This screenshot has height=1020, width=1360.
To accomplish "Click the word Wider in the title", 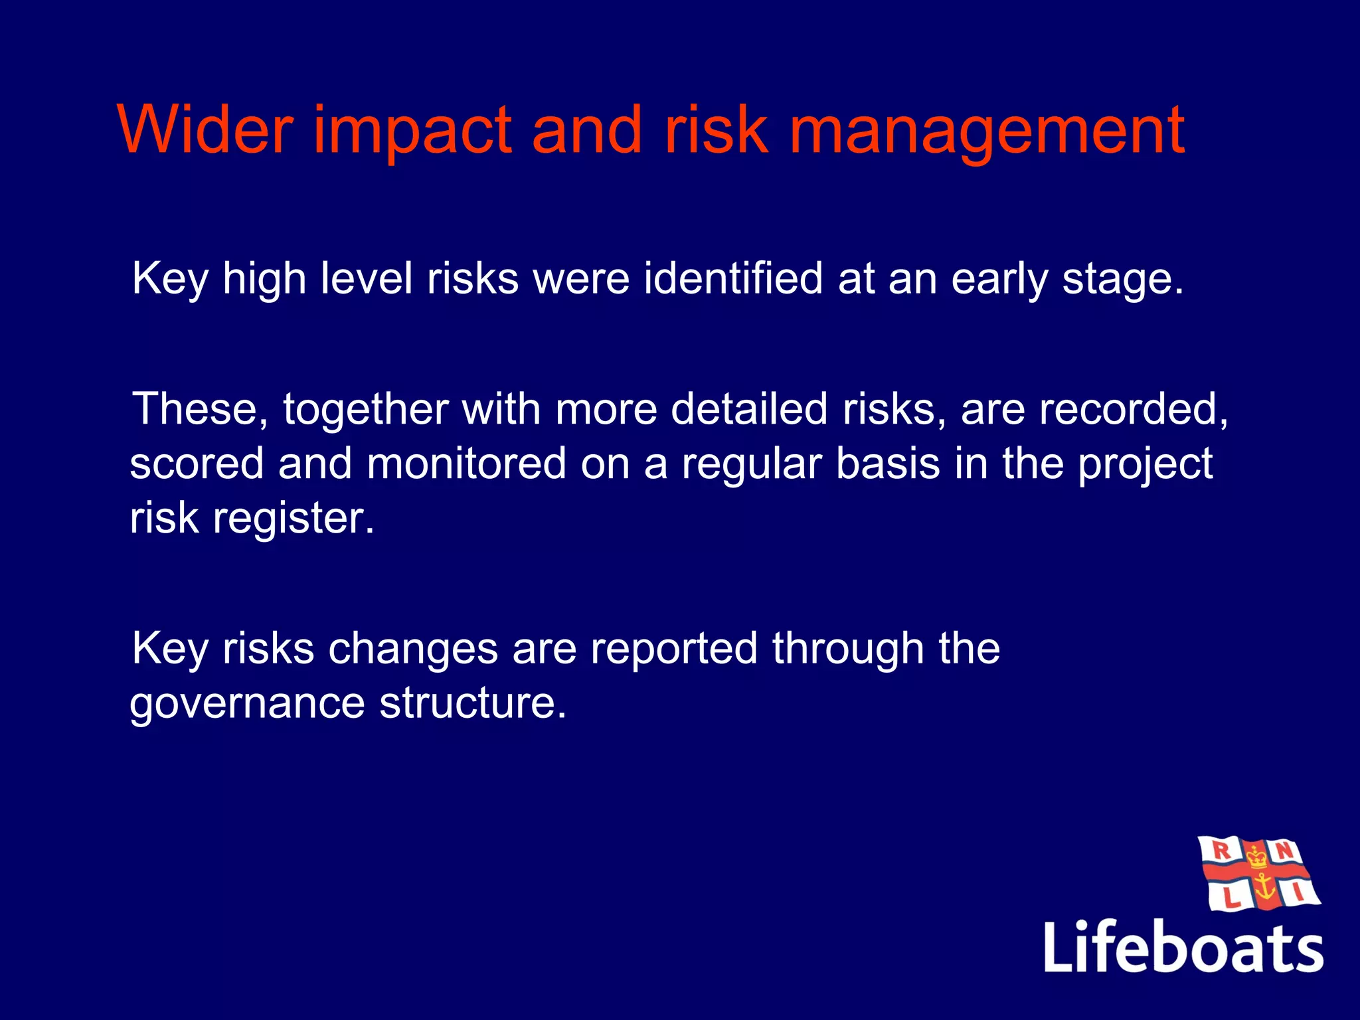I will (x=205, y=130).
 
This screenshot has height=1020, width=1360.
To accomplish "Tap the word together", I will (x=366, y=410).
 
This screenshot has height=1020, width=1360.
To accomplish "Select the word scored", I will (x=197, y=464).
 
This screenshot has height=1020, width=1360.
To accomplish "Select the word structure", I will (x=473, y=703).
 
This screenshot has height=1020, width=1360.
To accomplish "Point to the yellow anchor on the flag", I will (x=1264, y=887).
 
